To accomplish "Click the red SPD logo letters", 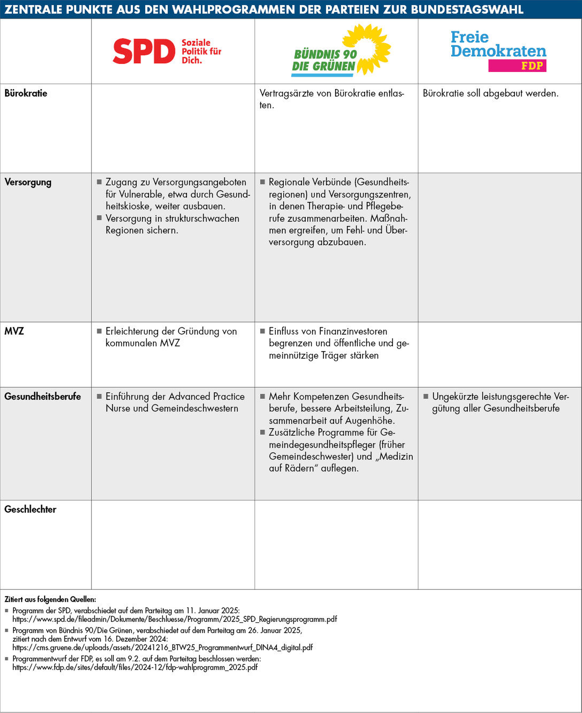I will (x=144, y=51).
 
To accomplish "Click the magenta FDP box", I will (x=517, y=66).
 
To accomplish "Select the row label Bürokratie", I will (x=26, y=93).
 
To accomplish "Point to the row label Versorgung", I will (x=28, y=182).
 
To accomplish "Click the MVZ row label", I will (x=14, y=331).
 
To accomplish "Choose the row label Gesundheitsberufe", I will (x=43, y=397).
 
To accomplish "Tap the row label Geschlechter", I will (x=30, y=510).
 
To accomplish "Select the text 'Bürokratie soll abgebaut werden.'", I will (x=490, y=93).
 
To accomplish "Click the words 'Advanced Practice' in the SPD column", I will (x=206, y=397).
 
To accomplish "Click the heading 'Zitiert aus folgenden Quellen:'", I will (x=50, y=599).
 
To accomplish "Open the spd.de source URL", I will (x=175, y=619).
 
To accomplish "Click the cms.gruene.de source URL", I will (x=163, y=647).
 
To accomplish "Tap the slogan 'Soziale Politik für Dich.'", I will (x=201, y=51).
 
